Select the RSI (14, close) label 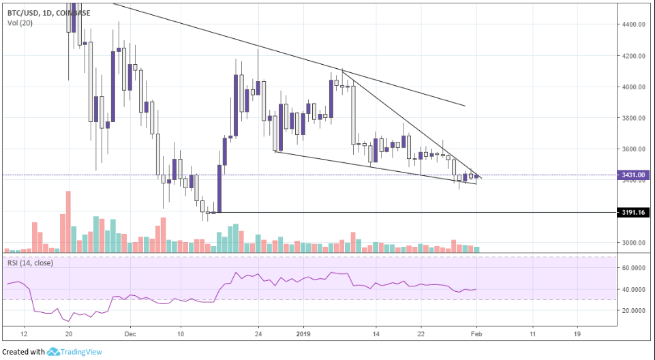[x=33, y=262]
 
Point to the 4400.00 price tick [x=633, y=25]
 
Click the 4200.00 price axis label [x=633, y=56]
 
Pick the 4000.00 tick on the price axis [x=633, y=87]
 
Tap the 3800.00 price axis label [x=633, y=118]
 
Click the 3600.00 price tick [x=633, y=149]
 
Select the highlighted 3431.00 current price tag [x=633, y=175]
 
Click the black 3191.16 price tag [x=633, y=213]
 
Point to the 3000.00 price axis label [x=633, y=243]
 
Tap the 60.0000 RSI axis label [x=633, y=268]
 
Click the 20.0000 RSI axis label [x=633, y=310]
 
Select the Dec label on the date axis [x=131, y=335]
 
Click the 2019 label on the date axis [x=304, y=335]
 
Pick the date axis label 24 [x=258, y=335]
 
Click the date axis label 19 [x=577, y=335]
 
